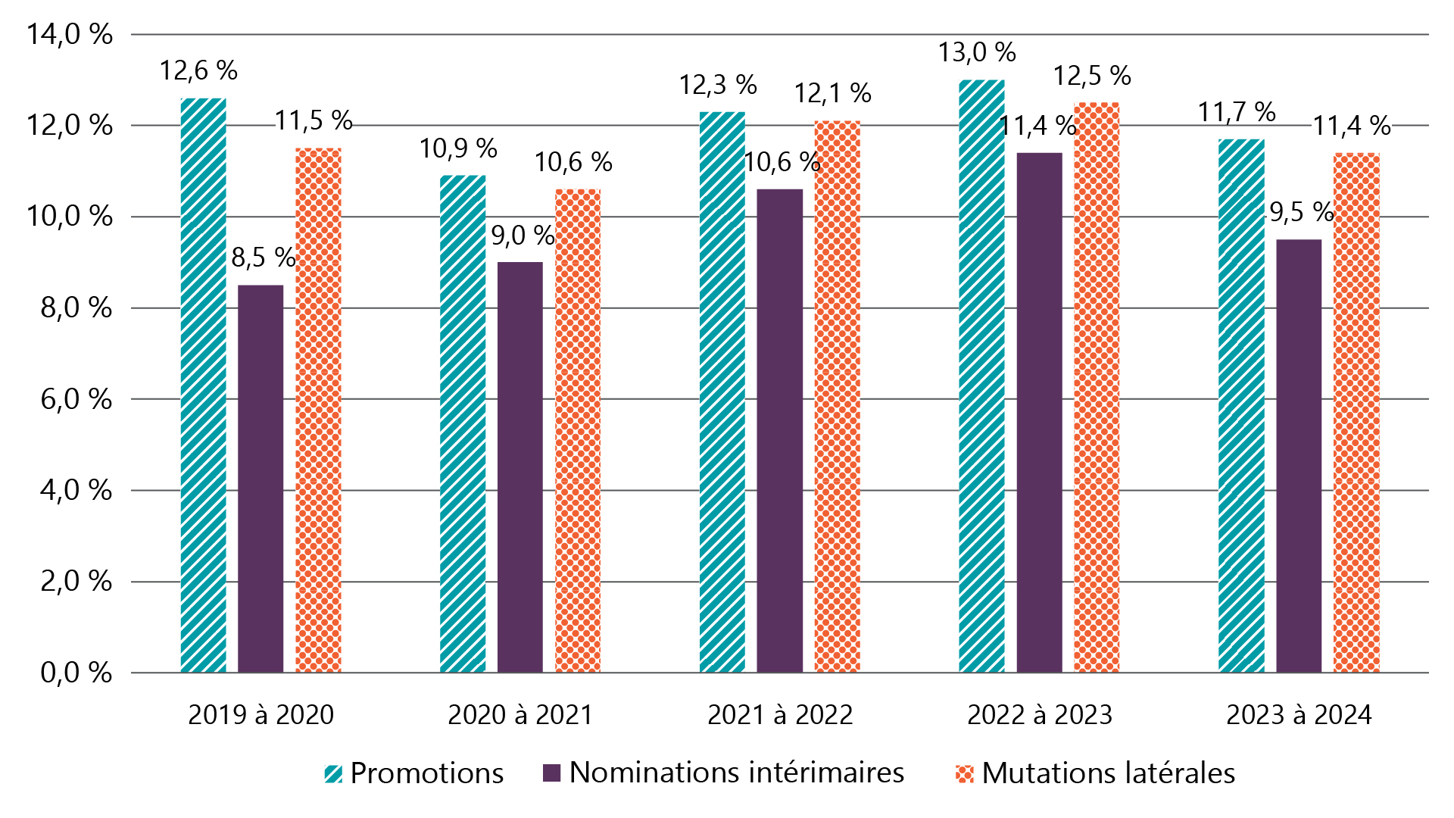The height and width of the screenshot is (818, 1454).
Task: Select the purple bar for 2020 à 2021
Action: (520, 467)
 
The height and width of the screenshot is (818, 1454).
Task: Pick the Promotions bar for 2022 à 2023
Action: (981, 376)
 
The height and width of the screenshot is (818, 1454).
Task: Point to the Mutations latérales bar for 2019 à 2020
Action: (318, 410)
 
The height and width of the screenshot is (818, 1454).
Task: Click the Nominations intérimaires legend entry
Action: (723, 773)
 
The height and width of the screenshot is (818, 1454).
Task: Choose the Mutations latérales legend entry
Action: (1096, 773)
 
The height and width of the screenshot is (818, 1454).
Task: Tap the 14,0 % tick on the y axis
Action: (70, 35)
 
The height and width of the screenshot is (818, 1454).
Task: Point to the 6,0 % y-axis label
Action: (76, 399)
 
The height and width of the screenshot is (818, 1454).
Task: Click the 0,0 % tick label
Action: (76, 673)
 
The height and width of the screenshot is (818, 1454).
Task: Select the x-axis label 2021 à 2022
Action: (780, 715)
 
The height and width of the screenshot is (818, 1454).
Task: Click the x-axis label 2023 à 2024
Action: (1299, 715)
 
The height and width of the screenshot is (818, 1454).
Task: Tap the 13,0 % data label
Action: (977, 53)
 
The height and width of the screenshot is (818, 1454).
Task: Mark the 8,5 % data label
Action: (264, 258)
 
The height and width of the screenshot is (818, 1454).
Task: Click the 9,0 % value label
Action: (523, 236)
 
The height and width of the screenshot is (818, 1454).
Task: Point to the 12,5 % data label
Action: (1092, 76)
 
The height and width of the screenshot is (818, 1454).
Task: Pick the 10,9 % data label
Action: (458, 149)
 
